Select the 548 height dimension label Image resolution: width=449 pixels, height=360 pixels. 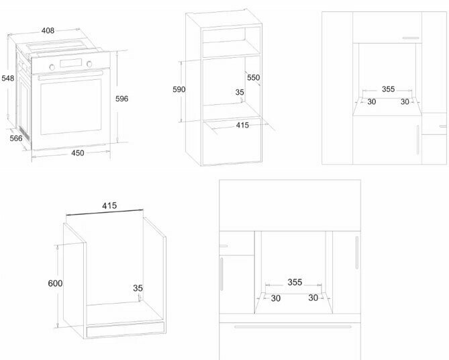(8, 79)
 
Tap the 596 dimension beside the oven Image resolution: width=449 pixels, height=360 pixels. (121, 98)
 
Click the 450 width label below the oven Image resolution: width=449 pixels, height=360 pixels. (77, 153)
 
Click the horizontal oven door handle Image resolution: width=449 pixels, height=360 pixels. (70, 75)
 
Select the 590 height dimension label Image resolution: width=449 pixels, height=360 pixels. (179, 89)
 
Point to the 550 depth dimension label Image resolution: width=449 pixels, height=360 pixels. (252, 78)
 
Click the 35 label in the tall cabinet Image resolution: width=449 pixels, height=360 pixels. (240, 92)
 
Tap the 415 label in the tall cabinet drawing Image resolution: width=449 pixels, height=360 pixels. (243, 125)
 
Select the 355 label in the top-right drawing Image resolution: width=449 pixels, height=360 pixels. (388, 89)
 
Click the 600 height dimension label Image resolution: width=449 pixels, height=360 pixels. (55, 283)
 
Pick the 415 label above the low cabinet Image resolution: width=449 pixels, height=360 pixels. (111, 205)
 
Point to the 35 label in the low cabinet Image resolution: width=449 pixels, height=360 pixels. (138, 289)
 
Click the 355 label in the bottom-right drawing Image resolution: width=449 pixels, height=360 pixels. (295, 282)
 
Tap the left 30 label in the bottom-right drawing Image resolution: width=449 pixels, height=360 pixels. (275, 298)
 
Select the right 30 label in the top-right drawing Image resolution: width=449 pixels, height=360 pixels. (405, 102)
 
